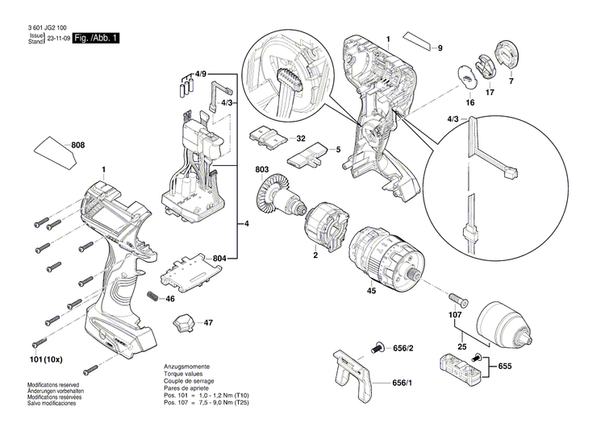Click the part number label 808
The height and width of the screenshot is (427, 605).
click(x=78, y=145)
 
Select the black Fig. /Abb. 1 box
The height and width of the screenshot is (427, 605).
click(x=95, y=39)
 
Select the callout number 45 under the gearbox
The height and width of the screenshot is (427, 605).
click(x=372, y=291)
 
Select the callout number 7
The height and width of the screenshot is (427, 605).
click(x=510, y=81)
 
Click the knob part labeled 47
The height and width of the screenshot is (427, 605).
click(x=183, y=322)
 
